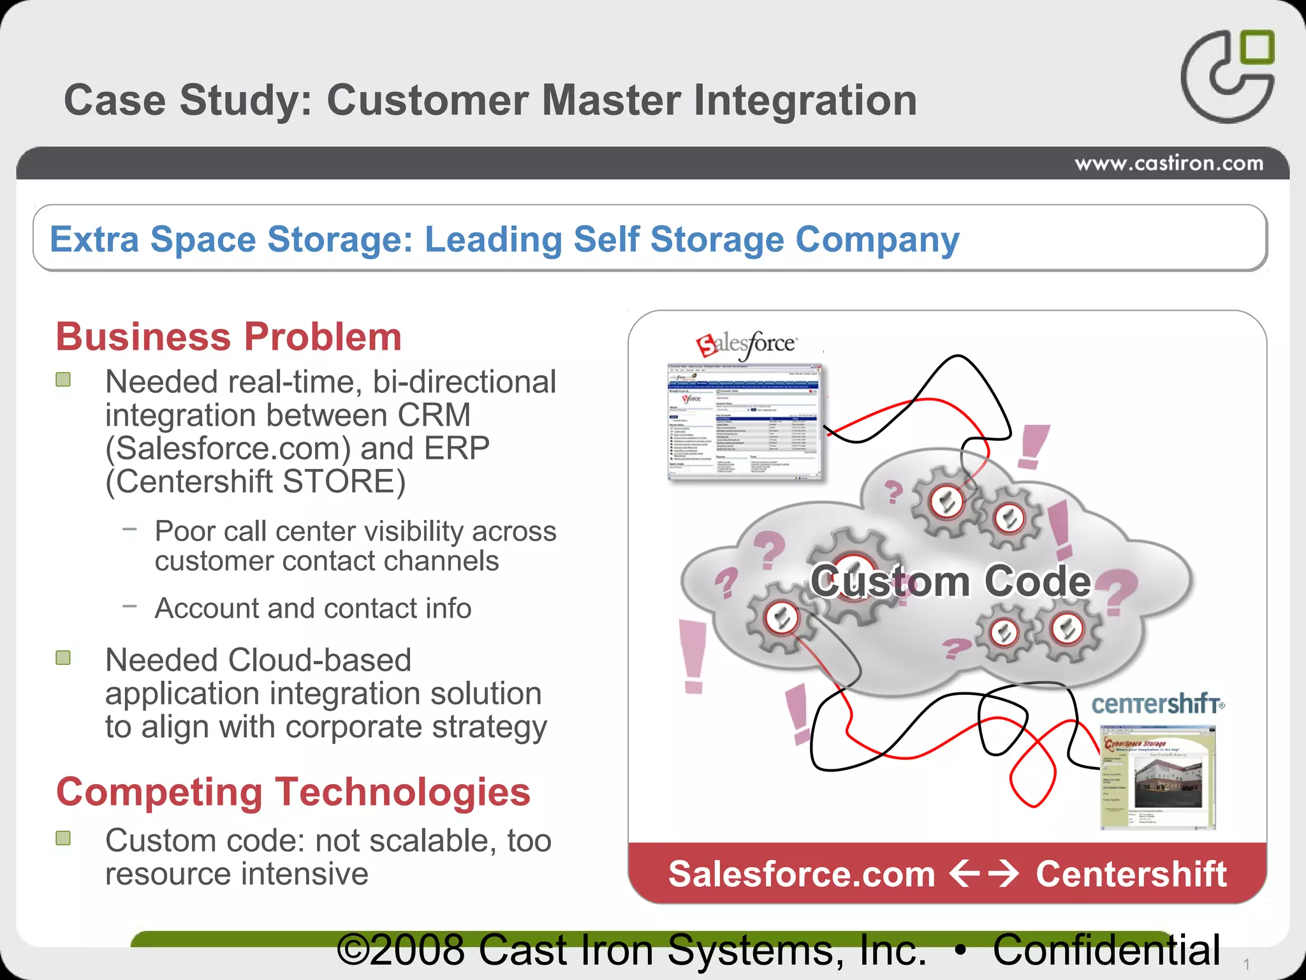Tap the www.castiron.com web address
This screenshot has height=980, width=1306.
tap(1168, 164)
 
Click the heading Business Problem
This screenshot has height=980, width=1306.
tap(229, 337)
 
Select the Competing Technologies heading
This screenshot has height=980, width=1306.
tap(293, 792)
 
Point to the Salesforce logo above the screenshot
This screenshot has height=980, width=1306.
tap(746, 345)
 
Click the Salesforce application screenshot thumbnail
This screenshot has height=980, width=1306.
tap(745, 422)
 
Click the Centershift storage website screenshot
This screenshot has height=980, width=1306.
tap(1158, 777)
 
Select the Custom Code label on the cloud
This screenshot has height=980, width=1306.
tap(950, 581)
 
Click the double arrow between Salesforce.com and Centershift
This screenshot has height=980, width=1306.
tap(985, 874)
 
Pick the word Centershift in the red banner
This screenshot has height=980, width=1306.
tap(1131, 874)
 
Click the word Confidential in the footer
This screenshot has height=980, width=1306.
tap(1106, 950)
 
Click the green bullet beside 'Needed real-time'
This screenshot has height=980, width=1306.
tap(63, 380)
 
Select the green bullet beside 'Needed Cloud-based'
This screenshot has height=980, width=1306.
tap(63, 658)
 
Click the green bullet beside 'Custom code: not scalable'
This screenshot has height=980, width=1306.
tap(63, 838)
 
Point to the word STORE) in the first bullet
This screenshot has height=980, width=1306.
tap(344, 482)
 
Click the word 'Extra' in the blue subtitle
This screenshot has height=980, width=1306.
tap(94, 239)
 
